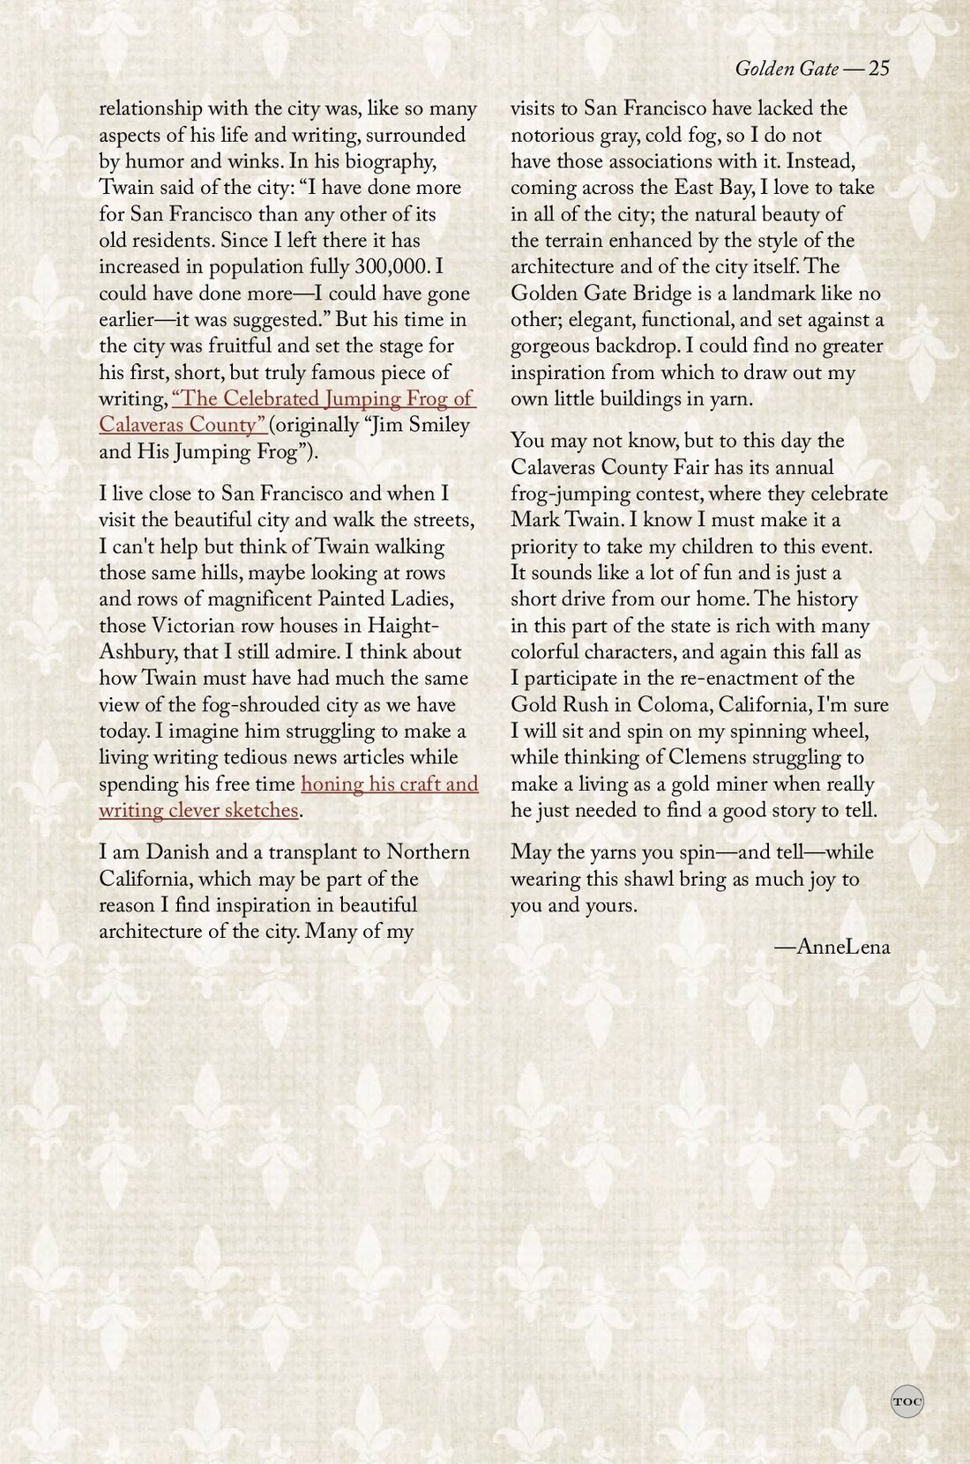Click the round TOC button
point(907,1401)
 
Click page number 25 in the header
point(878,69)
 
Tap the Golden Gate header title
point(786,69)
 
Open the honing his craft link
point(390,784)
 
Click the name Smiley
point(429,426)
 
